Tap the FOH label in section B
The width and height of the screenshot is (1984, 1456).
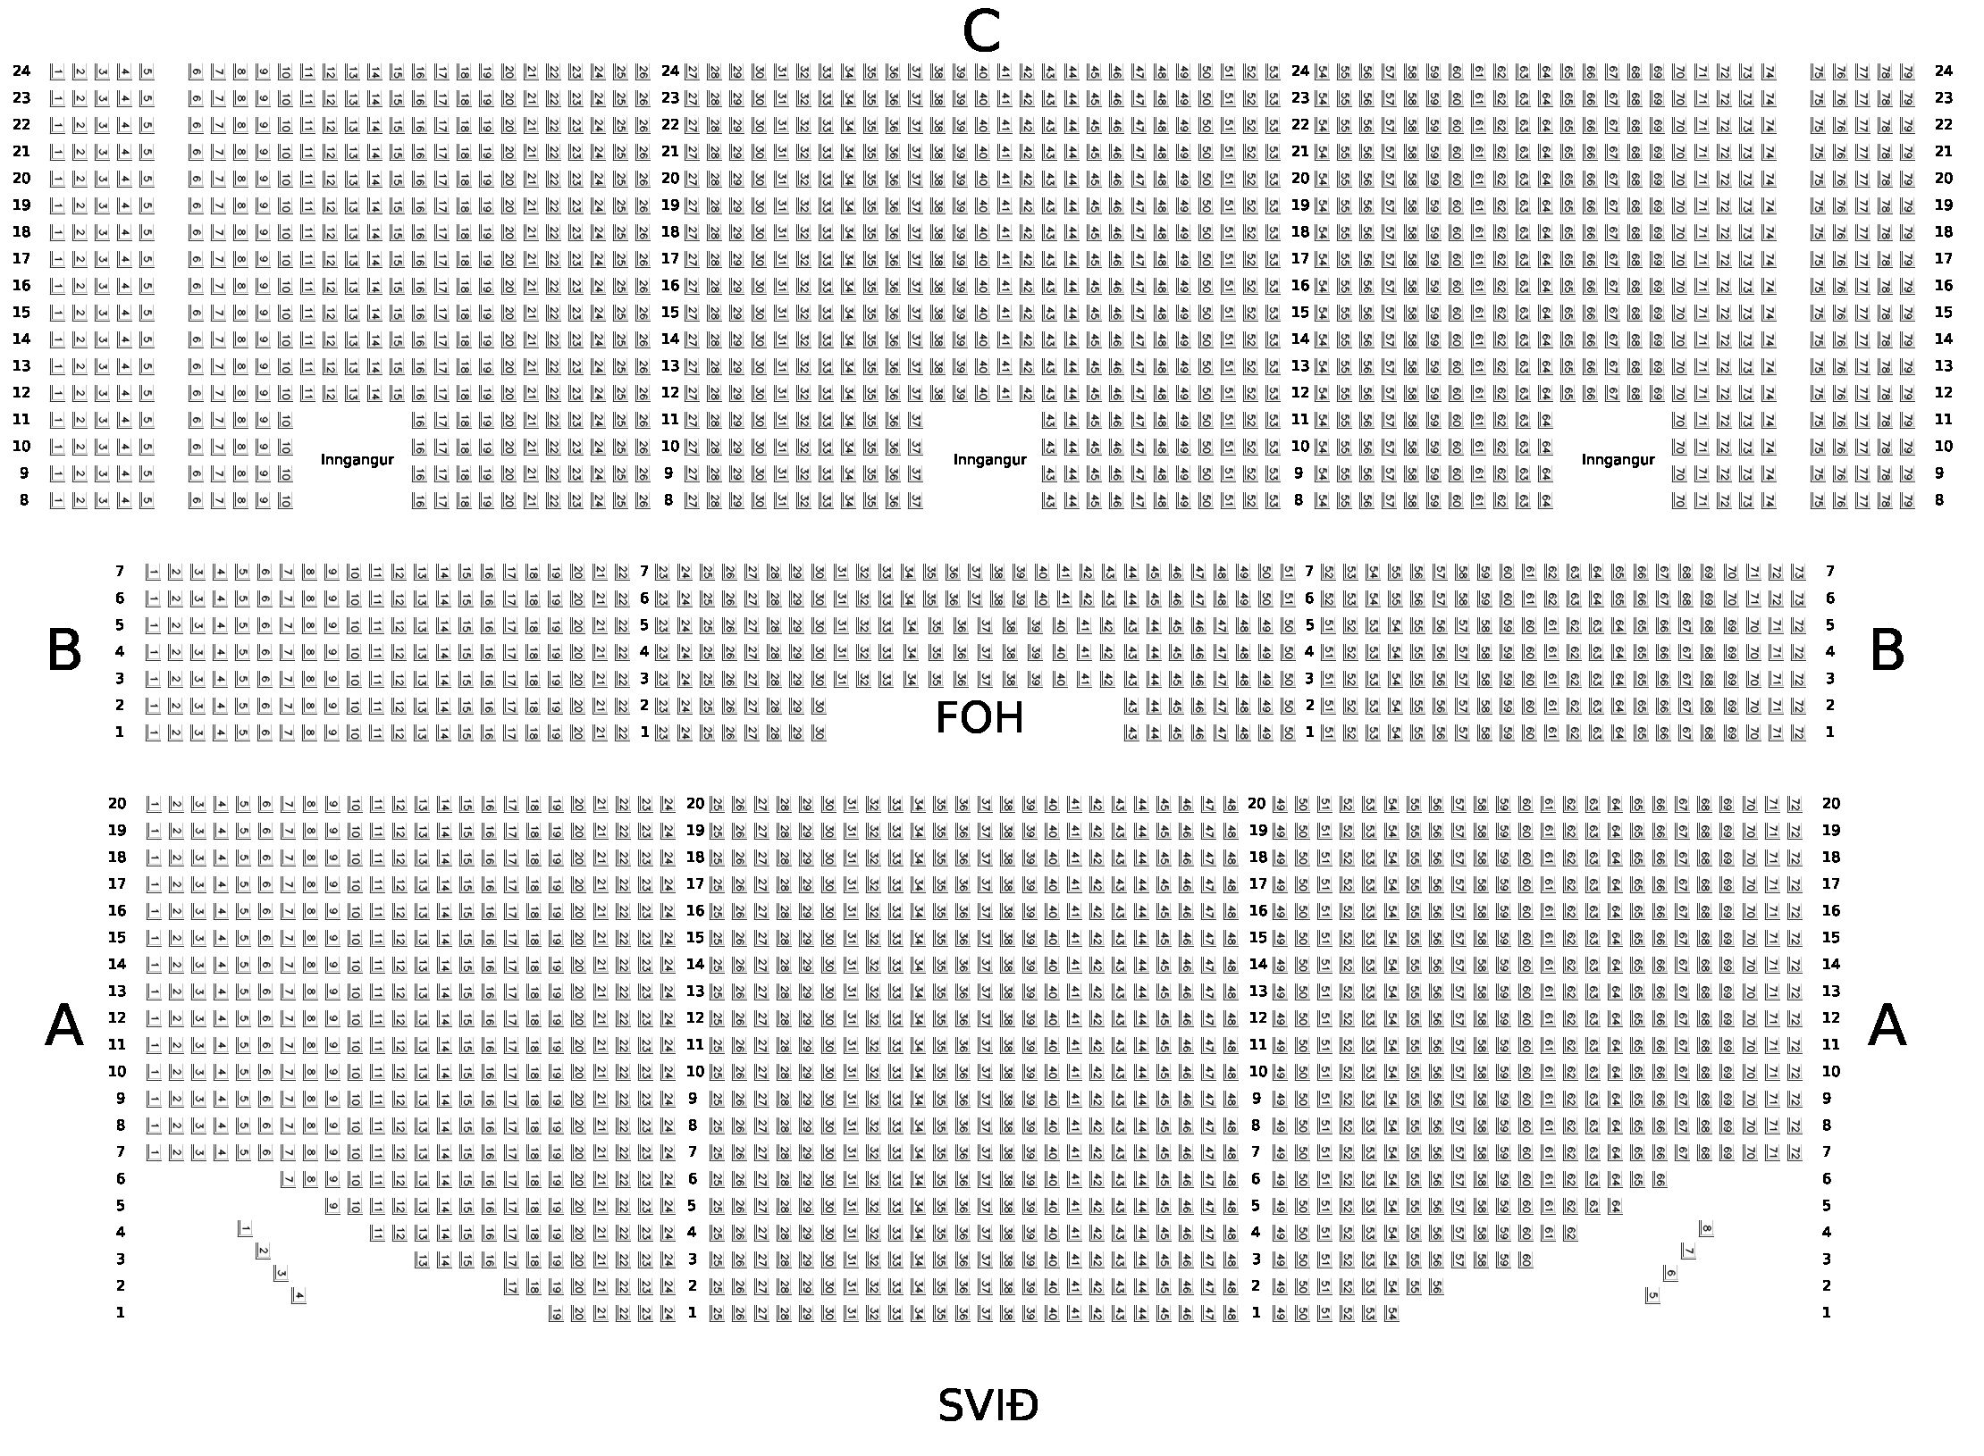[x=979, y=719]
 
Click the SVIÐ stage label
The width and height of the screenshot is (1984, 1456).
[x=988, y=1407]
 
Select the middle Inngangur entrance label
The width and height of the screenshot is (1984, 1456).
[x=989, y=460]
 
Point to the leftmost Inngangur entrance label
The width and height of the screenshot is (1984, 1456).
[x=357, y=460]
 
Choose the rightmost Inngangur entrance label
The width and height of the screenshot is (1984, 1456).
[x=1618, y=460]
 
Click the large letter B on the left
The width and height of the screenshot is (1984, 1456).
[x=64, y=652]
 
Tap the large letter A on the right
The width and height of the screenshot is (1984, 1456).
[x=1887, y=1027]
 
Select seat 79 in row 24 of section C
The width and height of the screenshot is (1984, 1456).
[x=1907, y=72]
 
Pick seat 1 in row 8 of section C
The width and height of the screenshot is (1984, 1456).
[x=57, y=501]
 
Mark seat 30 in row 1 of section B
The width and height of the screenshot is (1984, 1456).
[x=819, y=733]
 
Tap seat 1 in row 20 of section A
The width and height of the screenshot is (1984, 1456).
[x=154, y=805]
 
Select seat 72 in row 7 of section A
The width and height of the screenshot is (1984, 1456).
[x=1795, y=1153]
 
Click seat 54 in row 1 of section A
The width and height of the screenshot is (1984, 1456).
[x=1391, y=1314]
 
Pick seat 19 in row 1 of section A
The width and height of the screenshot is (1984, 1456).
[x=556, y=1314]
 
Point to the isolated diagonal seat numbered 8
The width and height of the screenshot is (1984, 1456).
[x=1706, y=1230]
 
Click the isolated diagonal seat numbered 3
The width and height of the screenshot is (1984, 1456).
[x=281, y=1273]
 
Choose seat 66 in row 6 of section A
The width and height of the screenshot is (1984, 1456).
[x=1660, y=1180]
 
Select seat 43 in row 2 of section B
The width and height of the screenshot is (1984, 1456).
[x=1131, y=707]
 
